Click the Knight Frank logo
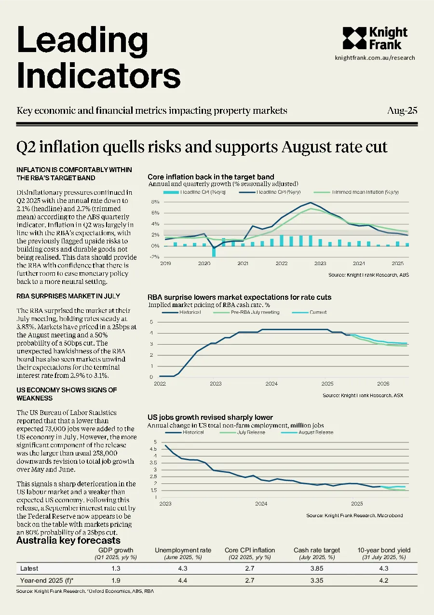375,38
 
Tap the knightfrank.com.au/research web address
375,58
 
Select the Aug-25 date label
402,111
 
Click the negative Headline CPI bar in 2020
214,251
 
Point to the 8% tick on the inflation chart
155,201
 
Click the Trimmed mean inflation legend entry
356,192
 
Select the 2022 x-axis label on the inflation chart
282,263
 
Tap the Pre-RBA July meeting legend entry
246,312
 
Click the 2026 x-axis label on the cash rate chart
383,384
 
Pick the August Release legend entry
307,432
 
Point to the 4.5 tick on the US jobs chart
153,449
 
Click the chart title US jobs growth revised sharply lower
210,417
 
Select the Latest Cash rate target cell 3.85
317,568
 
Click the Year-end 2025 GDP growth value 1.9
116,580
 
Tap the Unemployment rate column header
183,550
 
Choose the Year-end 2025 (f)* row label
47,580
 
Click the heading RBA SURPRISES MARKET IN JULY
68,296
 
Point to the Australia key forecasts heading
68,540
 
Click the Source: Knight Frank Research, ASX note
363,395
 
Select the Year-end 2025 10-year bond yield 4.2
384,580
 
